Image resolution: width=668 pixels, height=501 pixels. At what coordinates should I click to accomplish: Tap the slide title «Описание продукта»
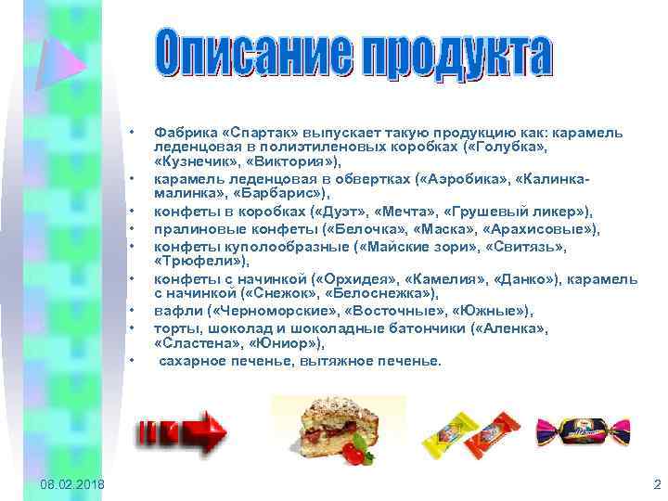353,58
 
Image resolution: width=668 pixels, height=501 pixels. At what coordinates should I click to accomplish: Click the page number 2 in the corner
656,484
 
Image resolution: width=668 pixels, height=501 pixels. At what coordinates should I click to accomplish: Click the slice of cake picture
327,426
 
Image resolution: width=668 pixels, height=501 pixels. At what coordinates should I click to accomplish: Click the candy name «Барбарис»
281,195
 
